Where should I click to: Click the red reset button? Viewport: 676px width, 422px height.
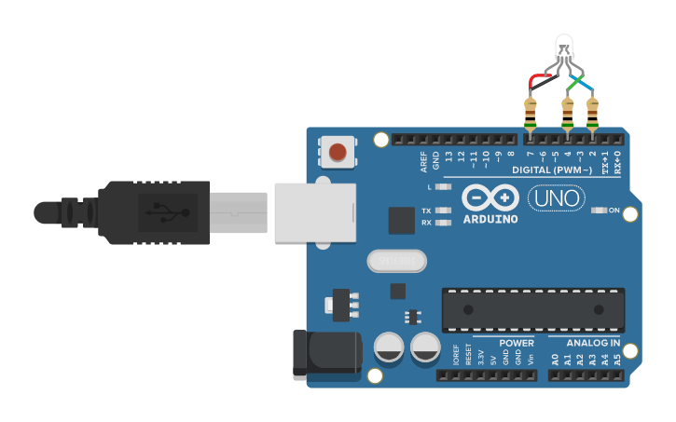click(x=338, y=151)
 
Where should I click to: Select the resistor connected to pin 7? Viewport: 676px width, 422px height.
click(x=531, y=113)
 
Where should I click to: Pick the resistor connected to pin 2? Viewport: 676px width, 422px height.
click(x=592, y=113)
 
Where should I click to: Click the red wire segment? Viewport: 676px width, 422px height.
click(x=540, y=77)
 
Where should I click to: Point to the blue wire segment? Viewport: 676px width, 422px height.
click(x=586, y=85)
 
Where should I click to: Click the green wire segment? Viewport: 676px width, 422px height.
click(x=572, y=84)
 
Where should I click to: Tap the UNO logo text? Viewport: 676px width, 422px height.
click(x=556, y=198)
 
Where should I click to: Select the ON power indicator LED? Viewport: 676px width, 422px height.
click(x=600, y=211)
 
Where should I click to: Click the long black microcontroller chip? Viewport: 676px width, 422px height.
click(x=533, y=310)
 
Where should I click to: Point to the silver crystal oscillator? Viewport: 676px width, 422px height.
click(x=396, y=261)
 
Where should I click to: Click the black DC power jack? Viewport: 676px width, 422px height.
click(x=326, y=352)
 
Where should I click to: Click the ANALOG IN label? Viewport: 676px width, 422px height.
click(x=593, y=343)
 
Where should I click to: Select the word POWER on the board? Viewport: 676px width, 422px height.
click(x=516, y=343)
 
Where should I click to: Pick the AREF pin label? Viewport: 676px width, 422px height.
click(x=423, y=162)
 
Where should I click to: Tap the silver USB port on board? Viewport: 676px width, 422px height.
click(x=315, y=212)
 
